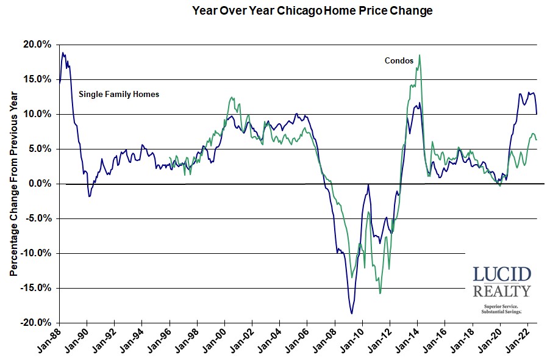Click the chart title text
[312, 10]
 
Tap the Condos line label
[399, 60]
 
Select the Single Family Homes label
[119, 95]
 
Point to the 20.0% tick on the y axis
[38, 45]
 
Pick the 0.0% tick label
[40, 184]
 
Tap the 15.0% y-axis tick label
[38, 79]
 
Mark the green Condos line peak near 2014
[420, 56]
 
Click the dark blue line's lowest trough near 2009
[352, 314]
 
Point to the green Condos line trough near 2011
[380, 293]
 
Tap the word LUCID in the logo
[502, 274]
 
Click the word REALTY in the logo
[502, 291]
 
